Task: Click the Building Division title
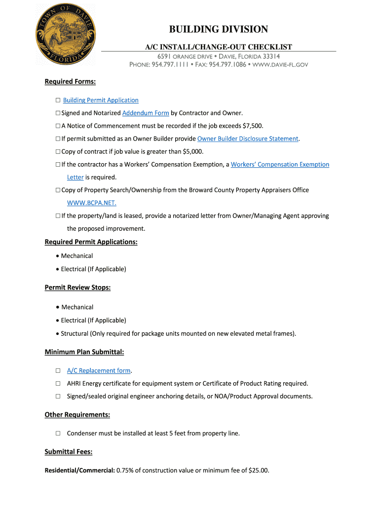219,30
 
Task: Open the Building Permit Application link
101,100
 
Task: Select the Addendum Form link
146,113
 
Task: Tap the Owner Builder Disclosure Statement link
248,139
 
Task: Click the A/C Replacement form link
99,370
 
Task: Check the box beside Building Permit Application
58,101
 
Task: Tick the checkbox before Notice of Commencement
58,126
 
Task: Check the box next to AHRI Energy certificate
58,384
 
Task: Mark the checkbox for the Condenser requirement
58,433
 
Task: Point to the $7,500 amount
252,126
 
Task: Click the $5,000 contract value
192,151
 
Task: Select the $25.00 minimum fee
259,470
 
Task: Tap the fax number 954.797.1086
227,65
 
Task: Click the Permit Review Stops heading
77,287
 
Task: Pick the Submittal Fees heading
69,452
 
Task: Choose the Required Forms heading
70,81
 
